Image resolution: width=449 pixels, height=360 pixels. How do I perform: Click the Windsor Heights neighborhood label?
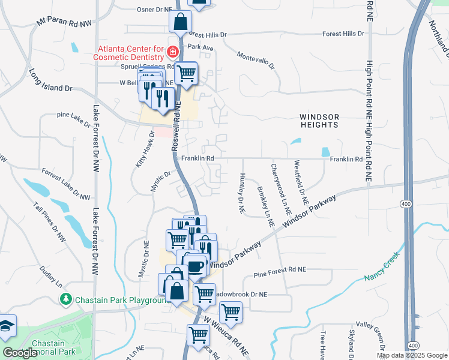coord(320,119)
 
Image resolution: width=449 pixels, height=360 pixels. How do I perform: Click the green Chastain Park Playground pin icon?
coord(65,299)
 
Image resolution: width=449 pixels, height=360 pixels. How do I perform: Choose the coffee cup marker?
coord(195,266)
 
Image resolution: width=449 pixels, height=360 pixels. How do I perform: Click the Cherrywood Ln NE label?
coord(280,190)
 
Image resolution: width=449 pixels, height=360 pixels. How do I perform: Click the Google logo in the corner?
coord(20,353)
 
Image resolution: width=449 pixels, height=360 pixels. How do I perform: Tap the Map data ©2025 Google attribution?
coord(411,355)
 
